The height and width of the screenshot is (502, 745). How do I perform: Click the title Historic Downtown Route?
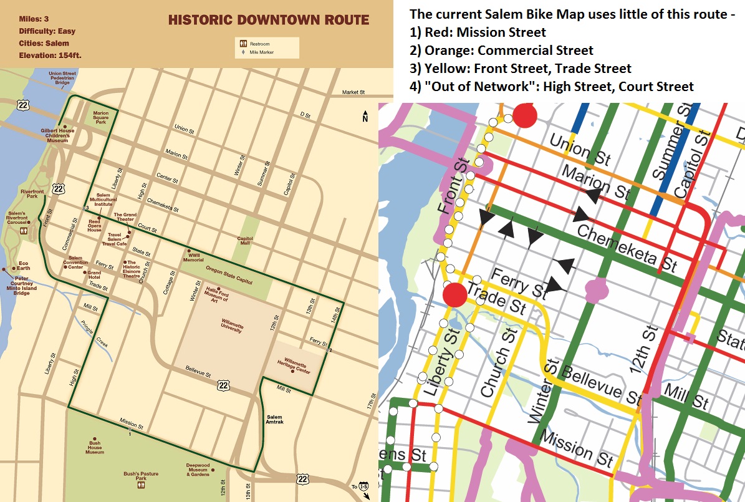pos(268,20)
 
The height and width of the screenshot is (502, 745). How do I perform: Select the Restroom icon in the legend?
pos(244,44)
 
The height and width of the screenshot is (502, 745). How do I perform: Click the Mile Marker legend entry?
pos(244,52)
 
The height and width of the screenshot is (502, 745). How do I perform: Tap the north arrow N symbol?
pos(365,117)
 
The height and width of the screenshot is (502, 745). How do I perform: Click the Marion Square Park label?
pos(101,117)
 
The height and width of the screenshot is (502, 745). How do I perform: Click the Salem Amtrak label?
pos(275,419)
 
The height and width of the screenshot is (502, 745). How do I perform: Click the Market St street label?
pos(353,92)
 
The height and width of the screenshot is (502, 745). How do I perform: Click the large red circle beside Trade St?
pos(454,294)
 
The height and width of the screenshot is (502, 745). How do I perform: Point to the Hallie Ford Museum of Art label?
pos(216,295)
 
